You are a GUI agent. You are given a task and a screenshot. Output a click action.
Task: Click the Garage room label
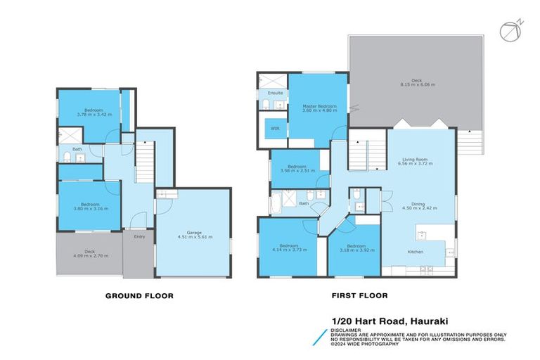194,232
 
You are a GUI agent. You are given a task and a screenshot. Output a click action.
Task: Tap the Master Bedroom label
319,106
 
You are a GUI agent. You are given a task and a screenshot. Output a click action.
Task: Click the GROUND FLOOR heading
139,296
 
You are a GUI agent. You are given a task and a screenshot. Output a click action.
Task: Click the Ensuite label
276,93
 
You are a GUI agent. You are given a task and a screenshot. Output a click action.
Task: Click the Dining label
414,203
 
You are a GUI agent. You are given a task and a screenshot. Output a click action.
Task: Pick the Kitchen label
416,252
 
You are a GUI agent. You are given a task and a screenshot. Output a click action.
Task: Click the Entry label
139,237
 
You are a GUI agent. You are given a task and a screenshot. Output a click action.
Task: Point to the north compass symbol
508,31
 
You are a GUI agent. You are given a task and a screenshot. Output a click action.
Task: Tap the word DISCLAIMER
348,328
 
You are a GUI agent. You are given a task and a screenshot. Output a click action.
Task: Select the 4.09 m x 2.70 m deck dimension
89,257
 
